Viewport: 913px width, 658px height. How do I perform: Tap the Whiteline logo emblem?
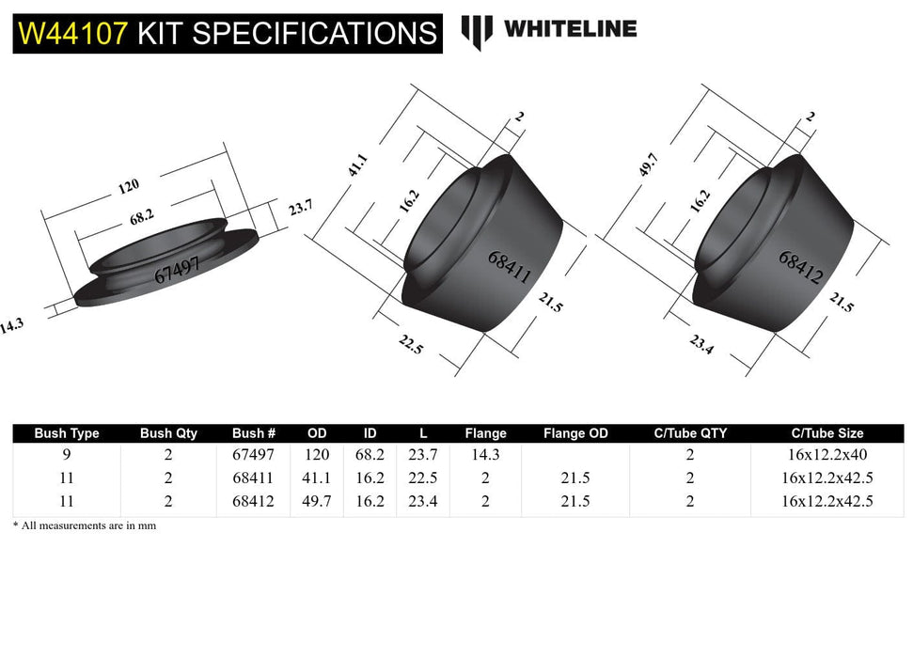pyautogui.click(x=477, y=31)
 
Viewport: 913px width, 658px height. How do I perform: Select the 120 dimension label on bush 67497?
pyautogui.click(x=128, y=187)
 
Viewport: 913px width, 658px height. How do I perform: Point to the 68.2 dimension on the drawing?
pyautogui.click(x=142, y=217)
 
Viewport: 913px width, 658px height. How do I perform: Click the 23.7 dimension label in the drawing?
pyautogui.click(x=300, y=208)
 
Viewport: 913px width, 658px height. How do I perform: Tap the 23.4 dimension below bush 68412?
pyautogui.click(x=702, y=345)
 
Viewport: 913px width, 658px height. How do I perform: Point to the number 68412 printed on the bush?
pyautogui.click(x=801, y=266)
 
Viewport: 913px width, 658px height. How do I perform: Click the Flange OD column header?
pyautogui.click(x=575, y=433)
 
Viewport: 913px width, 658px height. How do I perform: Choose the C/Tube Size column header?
pyautogui.click(x=826, y=433)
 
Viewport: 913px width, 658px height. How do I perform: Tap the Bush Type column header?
pyautogui.click(x=66, y=433)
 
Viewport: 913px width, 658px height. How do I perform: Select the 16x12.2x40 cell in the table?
pyautogui.click(x=826, y=454)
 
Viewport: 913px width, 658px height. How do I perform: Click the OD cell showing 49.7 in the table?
pyautogui.click(x=317, y=501)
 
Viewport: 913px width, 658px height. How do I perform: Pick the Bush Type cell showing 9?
pyautogui.click(x=66, y=454)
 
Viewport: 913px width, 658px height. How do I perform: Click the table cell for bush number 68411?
pyautogui.click(x=254, y=478)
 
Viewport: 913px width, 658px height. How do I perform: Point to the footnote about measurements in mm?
pyautogui.click(x=85, y=526)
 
